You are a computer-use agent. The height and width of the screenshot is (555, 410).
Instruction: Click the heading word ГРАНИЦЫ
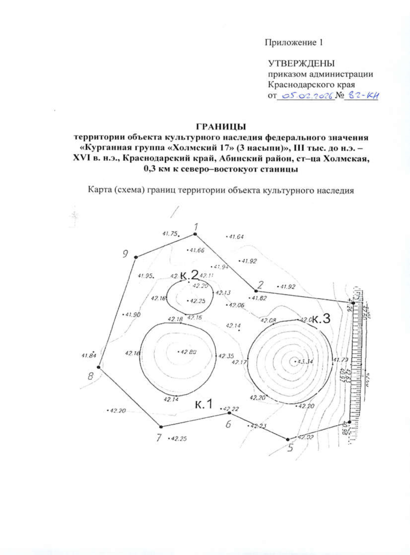[221, 127]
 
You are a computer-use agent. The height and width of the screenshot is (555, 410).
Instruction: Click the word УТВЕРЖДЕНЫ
[301, 64]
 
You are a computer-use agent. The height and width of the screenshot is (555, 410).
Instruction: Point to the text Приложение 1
[293, 43]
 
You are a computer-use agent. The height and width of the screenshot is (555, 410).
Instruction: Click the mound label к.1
[204, 404]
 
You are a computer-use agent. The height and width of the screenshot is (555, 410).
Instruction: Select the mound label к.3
[321, 319]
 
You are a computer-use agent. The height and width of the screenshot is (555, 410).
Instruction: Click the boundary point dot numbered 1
[195, 234]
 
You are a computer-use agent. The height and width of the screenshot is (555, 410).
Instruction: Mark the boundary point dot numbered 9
[136, 257]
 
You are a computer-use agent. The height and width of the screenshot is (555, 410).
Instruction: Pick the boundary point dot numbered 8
[98, 367]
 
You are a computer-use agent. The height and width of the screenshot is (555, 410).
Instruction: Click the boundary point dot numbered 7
[161, 427]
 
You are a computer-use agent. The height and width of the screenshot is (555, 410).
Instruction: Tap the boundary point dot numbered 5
[288, 439]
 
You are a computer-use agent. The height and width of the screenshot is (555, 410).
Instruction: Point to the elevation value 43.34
[305, 362]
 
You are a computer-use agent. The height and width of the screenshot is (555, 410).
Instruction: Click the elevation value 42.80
[188, 352]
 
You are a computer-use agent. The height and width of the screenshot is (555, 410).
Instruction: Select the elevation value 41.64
[236, 236]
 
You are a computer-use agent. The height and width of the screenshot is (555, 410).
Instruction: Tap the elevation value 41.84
[89, 355]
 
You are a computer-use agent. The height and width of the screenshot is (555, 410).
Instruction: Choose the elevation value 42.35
[226, 356]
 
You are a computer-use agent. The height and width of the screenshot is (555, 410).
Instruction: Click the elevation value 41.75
[170, 233]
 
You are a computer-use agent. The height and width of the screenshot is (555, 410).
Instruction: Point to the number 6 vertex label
[228, 424]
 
